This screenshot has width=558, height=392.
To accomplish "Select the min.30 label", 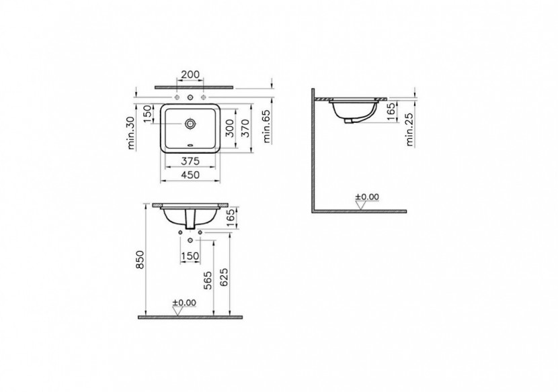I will click(132, 132).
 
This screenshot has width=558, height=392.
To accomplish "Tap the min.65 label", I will click(267, 128).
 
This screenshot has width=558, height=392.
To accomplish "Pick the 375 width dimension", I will click(190, 160).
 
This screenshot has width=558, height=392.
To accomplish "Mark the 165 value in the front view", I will click(231, 218).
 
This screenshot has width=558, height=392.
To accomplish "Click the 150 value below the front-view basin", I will click(190, 256).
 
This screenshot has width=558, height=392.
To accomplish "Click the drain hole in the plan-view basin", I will click(191, 124).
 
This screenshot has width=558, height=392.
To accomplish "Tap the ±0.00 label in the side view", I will click(367, 197).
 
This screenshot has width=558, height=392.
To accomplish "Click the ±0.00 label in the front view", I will click(184, 303).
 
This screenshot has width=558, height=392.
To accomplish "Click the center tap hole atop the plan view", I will click(190, 98).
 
